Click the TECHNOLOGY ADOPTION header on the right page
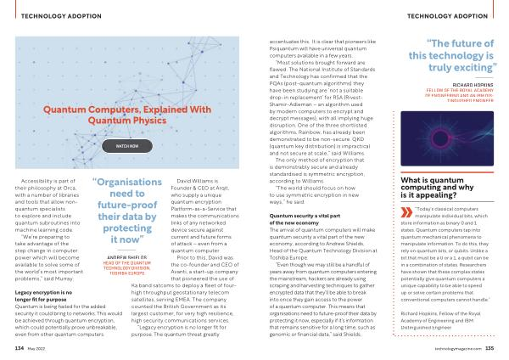457,14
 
